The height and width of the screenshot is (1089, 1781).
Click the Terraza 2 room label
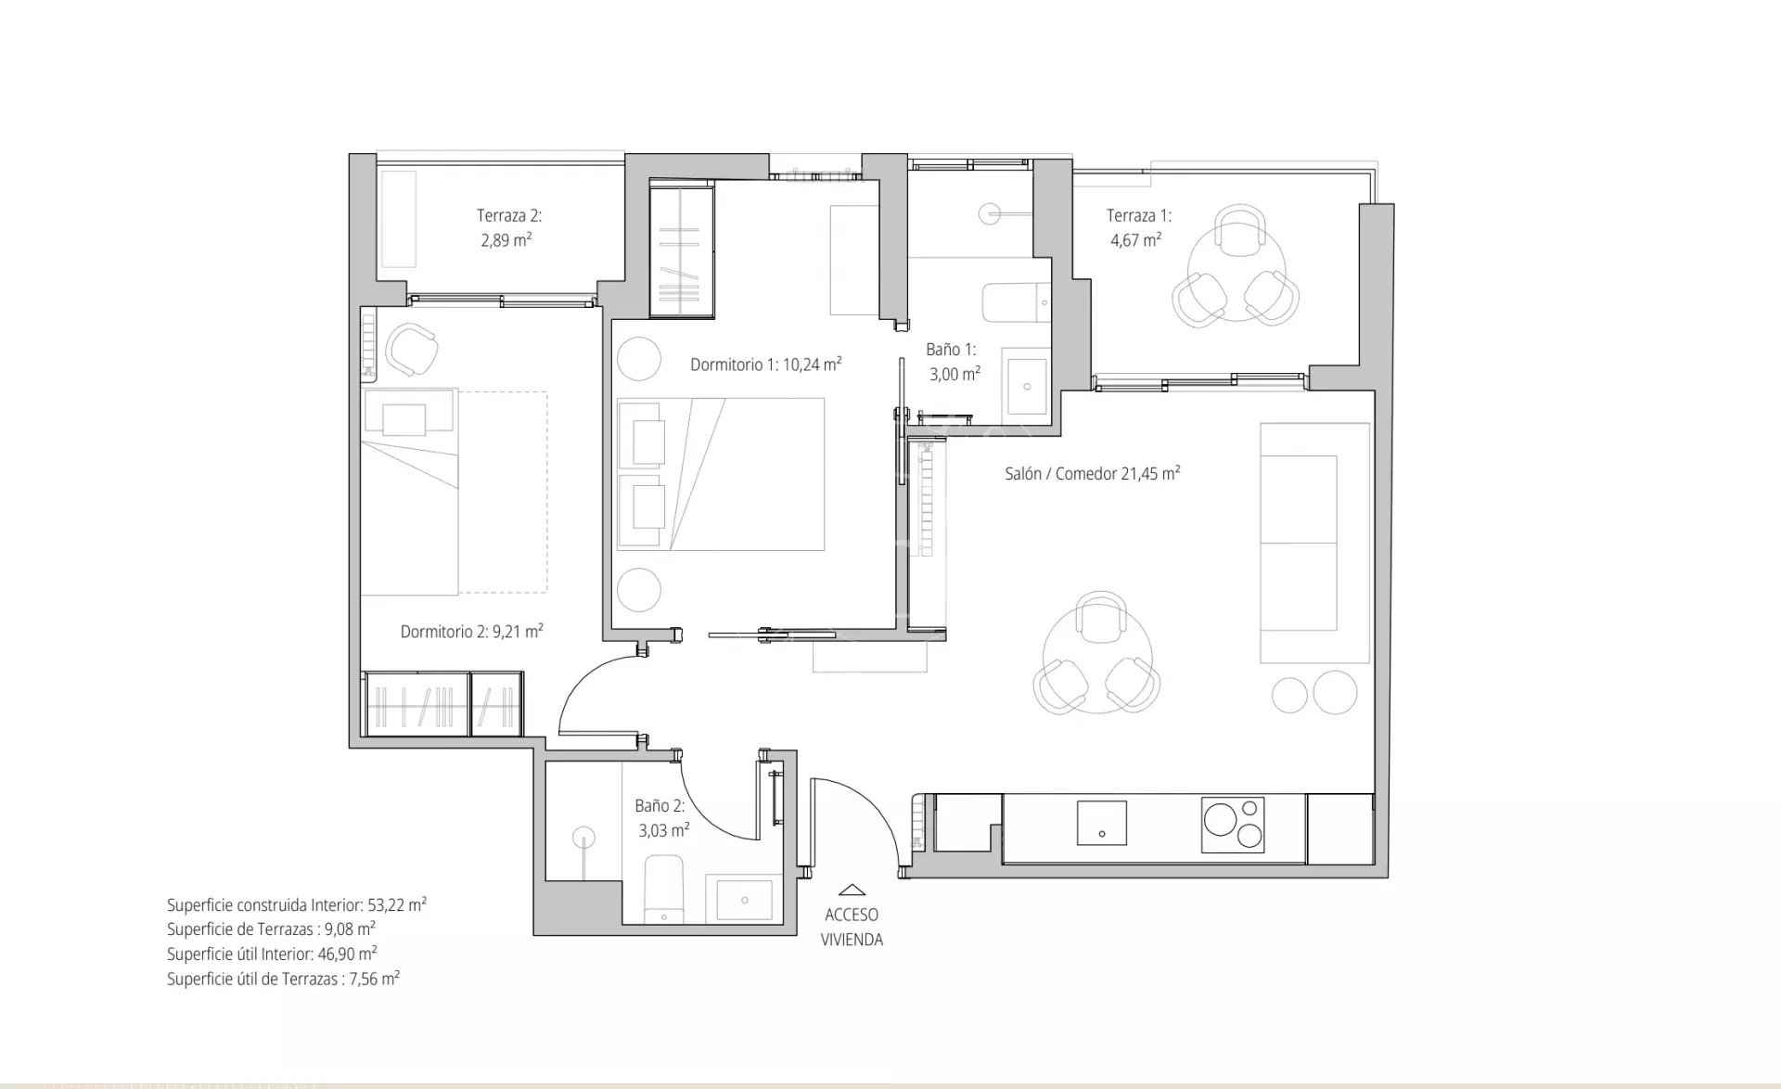tap(508, 216)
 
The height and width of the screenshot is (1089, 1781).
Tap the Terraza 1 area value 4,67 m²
tap(1135, 240)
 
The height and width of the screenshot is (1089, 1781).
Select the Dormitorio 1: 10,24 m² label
tap(765, 365)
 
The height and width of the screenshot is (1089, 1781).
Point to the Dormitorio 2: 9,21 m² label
tap(471, 632)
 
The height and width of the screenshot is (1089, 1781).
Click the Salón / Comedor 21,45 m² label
tap(1092, 473)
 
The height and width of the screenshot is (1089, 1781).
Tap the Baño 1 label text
tap(950, 350)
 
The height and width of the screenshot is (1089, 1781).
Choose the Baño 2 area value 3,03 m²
tap(663, 830)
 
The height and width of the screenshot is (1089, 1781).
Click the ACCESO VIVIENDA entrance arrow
tap(851, 890)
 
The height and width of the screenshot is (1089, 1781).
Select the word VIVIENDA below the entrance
tap(852, 940)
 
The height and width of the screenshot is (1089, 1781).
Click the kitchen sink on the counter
tap(1101, 823)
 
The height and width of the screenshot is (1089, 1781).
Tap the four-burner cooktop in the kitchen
tap(1233, 825)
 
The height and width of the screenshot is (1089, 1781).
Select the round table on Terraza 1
tap(1235, 267)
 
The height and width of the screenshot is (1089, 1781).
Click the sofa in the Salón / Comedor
tap(1314, 543)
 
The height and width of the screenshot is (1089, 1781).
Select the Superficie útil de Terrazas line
tap(283, 979)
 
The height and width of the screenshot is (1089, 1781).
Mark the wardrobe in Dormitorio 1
tap(682, 249)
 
